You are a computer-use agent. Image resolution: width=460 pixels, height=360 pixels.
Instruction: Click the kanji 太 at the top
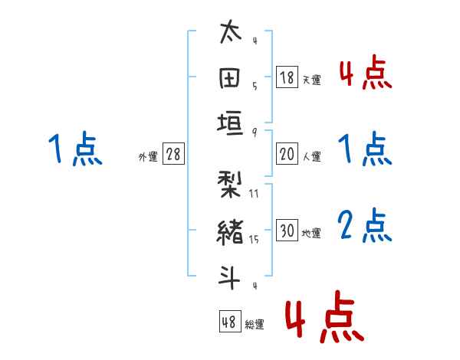tap(231, 35)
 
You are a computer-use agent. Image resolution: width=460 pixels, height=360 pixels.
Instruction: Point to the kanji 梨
tap(231, 186)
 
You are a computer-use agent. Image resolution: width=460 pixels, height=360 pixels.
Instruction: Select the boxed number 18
tap(287, 77)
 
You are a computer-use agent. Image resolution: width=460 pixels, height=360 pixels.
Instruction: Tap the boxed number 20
tap(287, 154)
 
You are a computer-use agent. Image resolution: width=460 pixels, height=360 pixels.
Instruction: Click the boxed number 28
tap(173, 154)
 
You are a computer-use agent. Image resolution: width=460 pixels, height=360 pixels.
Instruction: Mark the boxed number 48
tap(229, 322)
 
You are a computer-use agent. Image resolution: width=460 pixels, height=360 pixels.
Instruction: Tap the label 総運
tap(255, 325)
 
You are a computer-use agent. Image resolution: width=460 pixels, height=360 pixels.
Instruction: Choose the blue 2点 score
tap(365, 226)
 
